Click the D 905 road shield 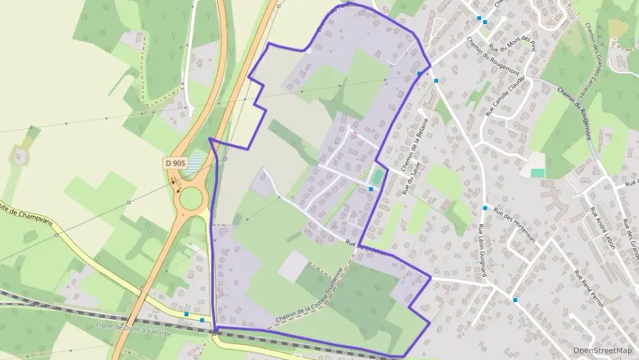point(175,163)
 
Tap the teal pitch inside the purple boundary point(377,177)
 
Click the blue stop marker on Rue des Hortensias point(485,208)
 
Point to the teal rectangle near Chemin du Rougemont point(538,173)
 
